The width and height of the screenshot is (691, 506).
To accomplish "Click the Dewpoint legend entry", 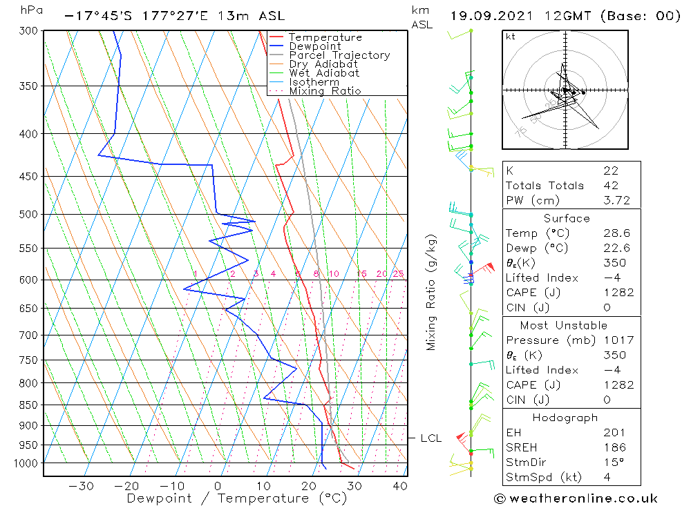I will click(314, 46).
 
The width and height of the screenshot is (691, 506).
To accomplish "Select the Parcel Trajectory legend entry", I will click(339, 55).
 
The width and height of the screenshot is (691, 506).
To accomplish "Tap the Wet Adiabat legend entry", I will click(324, 73).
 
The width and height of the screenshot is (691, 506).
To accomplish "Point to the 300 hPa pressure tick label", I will click(28, 30).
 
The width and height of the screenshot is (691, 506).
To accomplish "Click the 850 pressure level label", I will click(28, 405).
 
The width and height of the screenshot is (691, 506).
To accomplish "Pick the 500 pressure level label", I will click(28, 215).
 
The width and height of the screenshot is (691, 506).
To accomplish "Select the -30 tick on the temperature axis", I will click(82, 486).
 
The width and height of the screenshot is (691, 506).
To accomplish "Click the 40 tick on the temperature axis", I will click(399, 486).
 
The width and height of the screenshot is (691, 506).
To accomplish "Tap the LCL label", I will click(431, 438).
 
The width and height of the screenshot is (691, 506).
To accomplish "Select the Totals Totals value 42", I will click(611, 185).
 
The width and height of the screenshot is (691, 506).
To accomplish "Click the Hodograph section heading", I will click(565, 418).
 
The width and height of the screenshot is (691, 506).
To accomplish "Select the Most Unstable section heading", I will click(563, 325).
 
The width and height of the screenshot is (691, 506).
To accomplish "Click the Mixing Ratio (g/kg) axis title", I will click(432, 292).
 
